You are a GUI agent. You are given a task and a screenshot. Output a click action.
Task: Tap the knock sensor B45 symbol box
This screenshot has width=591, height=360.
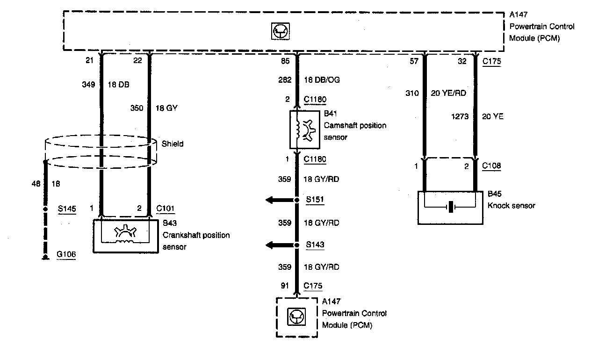[x=450, y=207]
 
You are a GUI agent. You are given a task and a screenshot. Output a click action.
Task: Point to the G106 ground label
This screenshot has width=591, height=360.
[x=66, y=255]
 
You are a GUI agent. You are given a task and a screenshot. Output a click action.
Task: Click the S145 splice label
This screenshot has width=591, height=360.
[x=67, y=209]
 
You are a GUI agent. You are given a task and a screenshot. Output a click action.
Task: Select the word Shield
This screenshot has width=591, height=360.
[x=172, y=144]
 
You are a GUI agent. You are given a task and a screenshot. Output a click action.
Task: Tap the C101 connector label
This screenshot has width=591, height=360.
[x=166, y=209]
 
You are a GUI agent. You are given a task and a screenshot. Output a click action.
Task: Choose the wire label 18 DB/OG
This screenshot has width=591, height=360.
[x=322, y=80]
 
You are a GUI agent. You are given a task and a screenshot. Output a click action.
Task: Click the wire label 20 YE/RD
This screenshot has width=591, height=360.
[x=448, y=93]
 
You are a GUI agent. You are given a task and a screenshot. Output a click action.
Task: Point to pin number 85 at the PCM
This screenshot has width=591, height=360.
[x=285, y=61]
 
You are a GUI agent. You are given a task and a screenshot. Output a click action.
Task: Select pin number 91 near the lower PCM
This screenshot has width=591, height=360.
[x=285, y=286]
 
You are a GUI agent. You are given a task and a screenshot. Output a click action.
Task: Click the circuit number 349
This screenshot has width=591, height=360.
[x=89, y=85]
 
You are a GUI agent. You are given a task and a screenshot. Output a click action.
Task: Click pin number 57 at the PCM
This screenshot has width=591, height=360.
[x=414, y=61]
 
